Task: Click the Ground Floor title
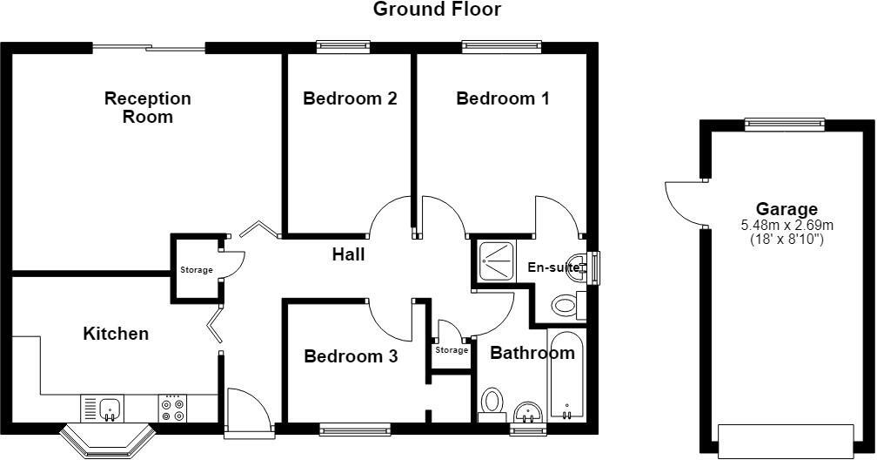(x=437, y=9)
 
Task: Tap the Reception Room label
(x=148, y=107)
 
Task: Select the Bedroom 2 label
(x=350, y=98)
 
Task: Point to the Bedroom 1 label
(x=503, y=98)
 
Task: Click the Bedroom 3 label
(x=351, y=356)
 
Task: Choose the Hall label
(x=348, y=254)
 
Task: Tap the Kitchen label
(x=116, y=334)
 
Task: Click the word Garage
(x=787, y=209)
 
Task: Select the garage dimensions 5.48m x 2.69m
(x=787, y=226)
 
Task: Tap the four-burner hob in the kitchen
(x=173, y=409)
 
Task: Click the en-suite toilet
(x=567, y=306)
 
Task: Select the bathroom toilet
(x=492, y=404)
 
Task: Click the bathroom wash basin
(x=527, y=412)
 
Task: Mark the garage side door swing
(x=684, y=202)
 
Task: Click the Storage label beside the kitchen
(x=197, y=270)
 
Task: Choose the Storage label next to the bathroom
(x=452, y=350)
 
